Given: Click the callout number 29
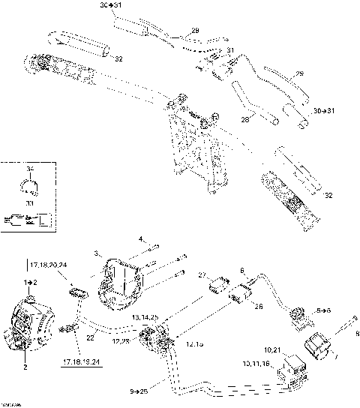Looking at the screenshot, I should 196,30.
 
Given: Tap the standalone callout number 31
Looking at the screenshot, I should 231,50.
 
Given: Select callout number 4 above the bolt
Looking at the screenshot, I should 140,239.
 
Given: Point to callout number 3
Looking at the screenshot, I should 96,254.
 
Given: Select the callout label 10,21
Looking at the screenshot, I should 271,351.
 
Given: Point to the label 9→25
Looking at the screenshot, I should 140,390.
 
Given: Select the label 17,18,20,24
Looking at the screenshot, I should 47,264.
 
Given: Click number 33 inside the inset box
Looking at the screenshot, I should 30,202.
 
